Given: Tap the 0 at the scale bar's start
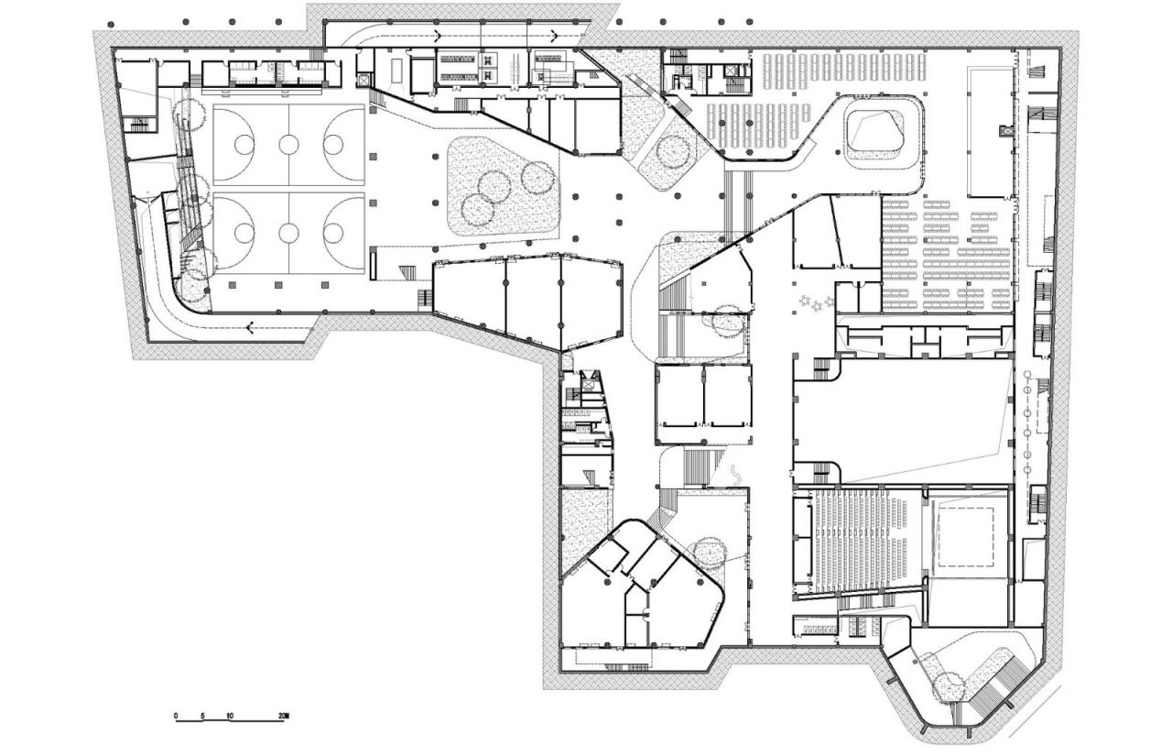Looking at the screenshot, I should [x=176, y=715].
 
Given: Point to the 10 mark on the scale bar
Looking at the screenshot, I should [x=230, y=715].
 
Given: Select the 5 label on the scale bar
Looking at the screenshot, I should [x=203, y=715].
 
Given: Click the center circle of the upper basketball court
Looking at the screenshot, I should [x=289, y=144].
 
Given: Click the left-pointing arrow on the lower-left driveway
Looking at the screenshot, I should [x=249, y=325].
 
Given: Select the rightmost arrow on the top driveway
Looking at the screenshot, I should [x=555, y=35].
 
